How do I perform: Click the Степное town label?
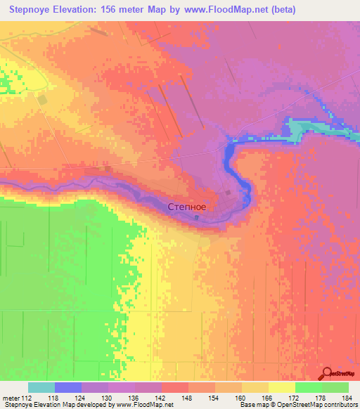187,207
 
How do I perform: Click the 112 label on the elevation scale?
26,398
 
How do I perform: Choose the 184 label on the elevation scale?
347,398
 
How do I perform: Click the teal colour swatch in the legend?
41,387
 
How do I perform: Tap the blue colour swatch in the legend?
68,387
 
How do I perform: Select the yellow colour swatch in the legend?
282,387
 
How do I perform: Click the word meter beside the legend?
10,398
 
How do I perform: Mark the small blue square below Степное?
196,218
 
